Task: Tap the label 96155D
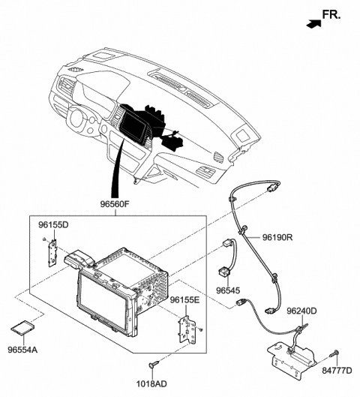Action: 53,224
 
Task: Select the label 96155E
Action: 184,300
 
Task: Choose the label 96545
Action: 227,290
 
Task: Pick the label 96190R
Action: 277,238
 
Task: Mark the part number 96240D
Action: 301,311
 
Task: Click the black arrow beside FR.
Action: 312,23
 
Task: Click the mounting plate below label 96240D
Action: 291,359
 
